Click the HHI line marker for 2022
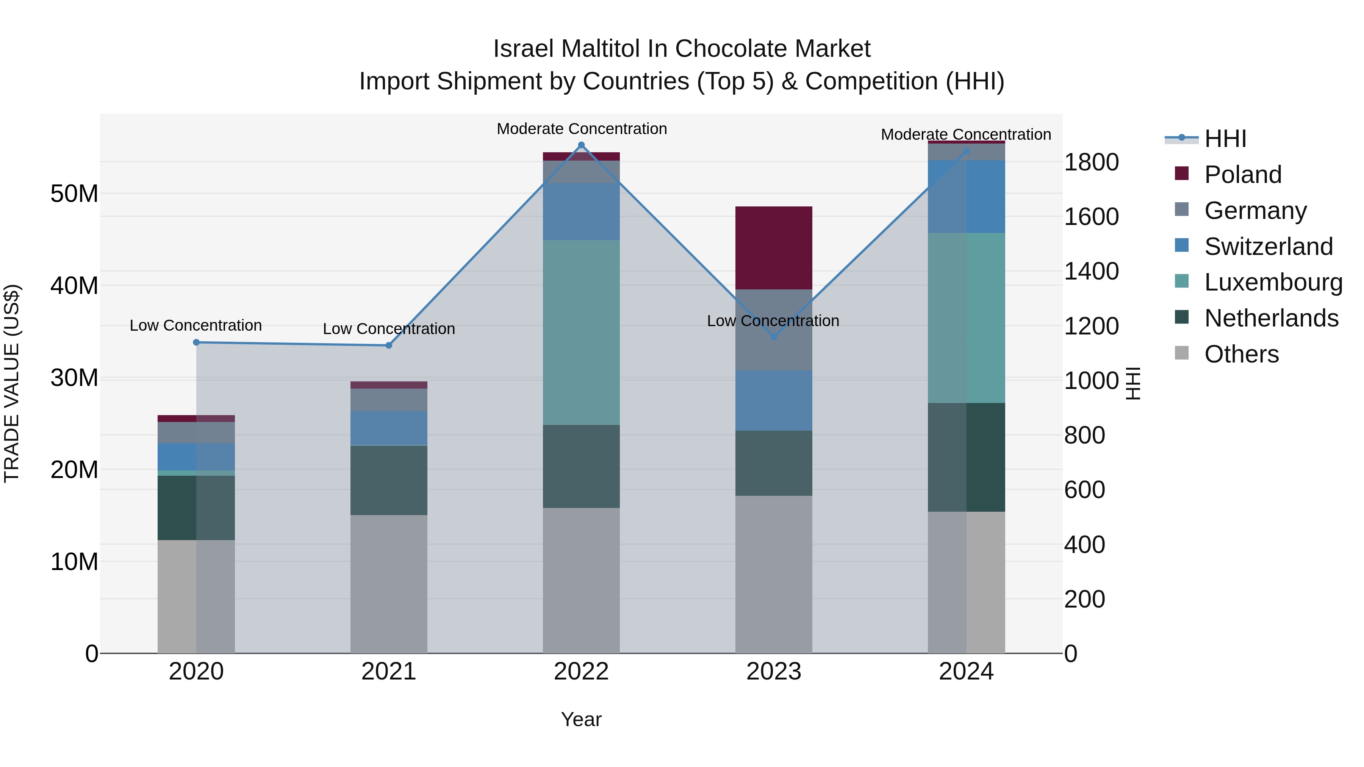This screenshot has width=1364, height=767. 581,145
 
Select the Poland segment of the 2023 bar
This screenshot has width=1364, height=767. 774,248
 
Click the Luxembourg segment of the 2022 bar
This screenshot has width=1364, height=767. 581,333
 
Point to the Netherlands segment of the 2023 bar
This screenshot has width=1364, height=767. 774,463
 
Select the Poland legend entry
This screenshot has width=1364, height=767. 1242,174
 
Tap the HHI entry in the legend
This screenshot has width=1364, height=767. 1225,139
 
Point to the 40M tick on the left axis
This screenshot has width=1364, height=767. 74,286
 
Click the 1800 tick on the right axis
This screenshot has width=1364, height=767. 1091,162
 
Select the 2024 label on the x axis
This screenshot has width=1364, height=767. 966,672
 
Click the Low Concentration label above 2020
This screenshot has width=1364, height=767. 196,325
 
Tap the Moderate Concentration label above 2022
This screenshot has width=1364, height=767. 581,129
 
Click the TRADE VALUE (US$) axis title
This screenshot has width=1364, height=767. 12,383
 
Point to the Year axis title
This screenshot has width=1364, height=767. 581,719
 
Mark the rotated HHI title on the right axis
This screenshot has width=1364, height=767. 1132,383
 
